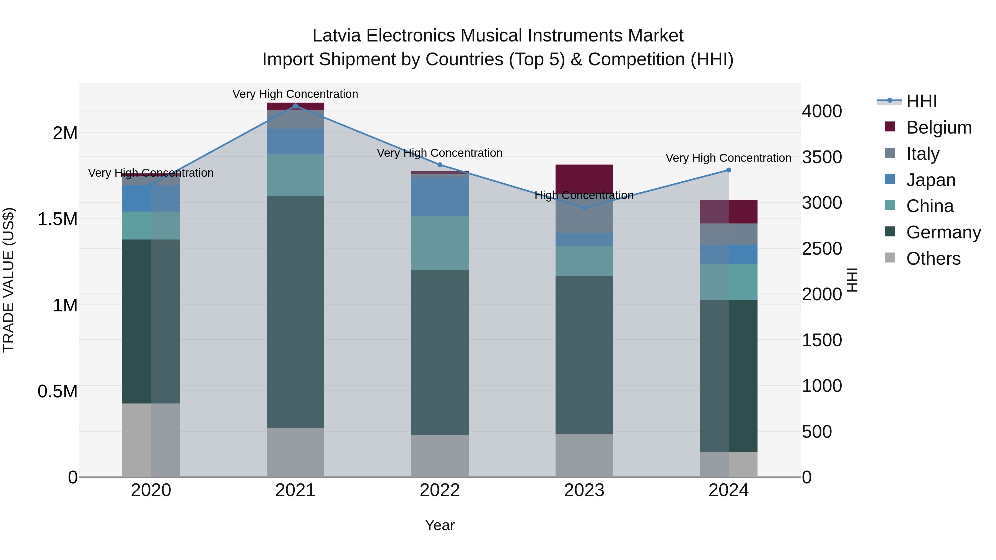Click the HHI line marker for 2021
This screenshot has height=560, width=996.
point(295,106)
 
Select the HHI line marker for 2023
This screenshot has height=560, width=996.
point(584,207)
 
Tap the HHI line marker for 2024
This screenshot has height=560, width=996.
point(728,170)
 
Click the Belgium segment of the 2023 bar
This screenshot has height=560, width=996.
point(584,179)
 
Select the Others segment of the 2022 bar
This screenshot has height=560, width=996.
point(440,456)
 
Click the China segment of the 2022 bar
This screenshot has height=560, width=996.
point(440,243)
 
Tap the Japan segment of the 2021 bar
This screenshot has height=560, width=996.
point(295,141)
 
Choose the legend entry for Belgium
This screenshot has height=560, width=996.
point(938,127)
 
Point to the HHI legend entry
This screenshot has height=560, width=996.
point(921,101)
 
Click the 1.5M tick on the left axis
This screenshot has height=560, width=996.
point(57,219)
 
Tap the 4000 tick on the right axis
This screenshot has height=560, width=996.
point(822,111)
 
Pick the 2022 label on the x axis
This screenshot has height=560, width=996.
point(440,490)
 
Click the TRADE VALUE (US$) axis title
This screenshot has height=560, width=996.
point(9,280)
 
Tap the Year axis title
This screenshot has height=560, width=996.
point(440,525)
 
